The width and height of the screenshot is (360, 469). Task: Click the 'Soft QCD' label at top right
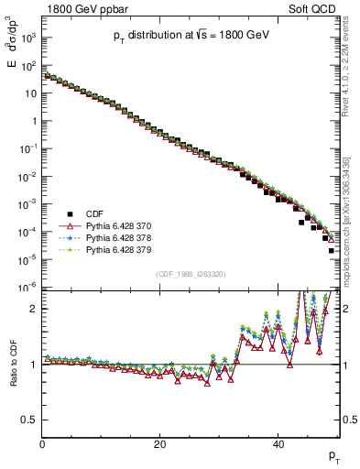[317, 8]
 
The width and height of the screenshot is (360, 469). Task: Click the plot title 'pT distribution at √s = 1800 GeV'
[191, 34]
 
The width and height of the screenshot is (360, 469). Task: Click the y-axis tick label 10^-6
[27, 288]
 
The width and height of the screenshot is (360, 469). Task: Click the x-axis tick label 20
[160, 444]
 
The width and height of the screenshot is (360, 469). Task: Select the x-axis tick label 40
[278, 444]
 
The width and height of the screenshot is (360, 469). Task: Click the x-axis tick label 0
[43, 444]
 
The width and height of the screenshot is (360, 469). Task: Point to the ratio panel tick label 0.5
[29, 420]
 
